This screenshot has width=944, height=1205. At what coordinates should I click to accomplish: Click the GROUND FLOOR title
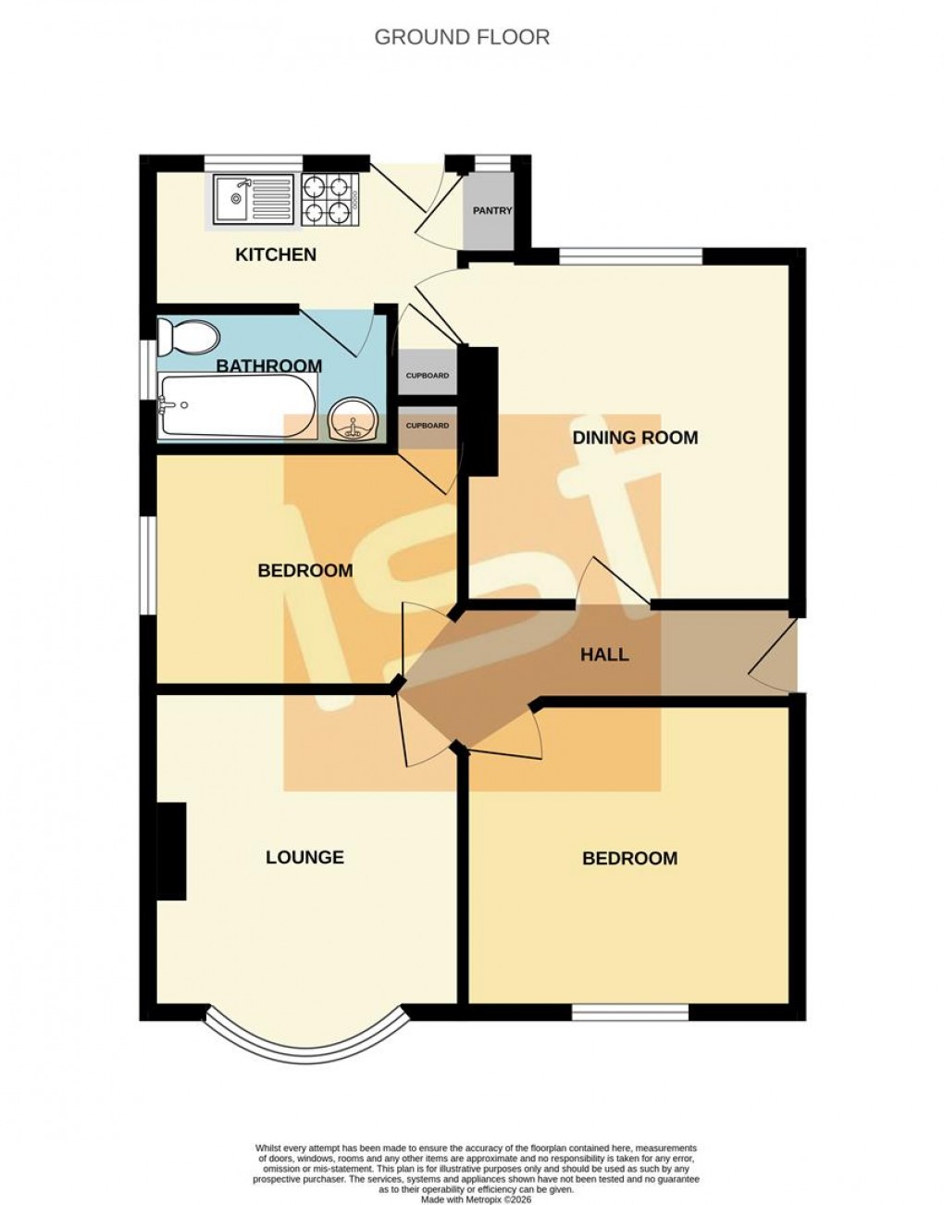462,37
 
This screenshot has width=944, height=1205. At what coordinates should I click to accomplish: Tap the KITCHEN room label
276,255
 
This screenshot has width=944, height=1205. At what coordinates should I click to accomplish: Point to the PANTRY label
491,211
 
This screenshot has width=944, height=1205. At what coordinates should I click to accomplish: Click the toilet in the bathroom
184,336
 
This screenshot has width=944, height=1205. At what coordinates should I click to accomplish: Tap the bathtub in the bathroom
237,405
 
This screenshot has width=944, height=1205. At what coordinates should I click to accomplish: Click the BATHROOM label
268,366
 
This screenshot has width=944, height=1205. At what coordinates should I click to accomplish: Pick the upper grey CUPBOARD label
428,376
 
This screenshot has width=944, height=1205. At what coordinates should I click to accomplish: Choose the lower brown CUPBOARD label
428,426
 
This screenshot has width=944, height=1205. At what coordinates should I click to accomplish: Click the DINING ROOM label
635,438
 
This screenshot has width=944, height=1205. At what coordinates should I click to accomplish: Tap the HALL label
604,655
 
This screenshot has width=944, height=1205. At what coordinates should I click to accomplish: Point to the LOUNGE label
304,858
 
